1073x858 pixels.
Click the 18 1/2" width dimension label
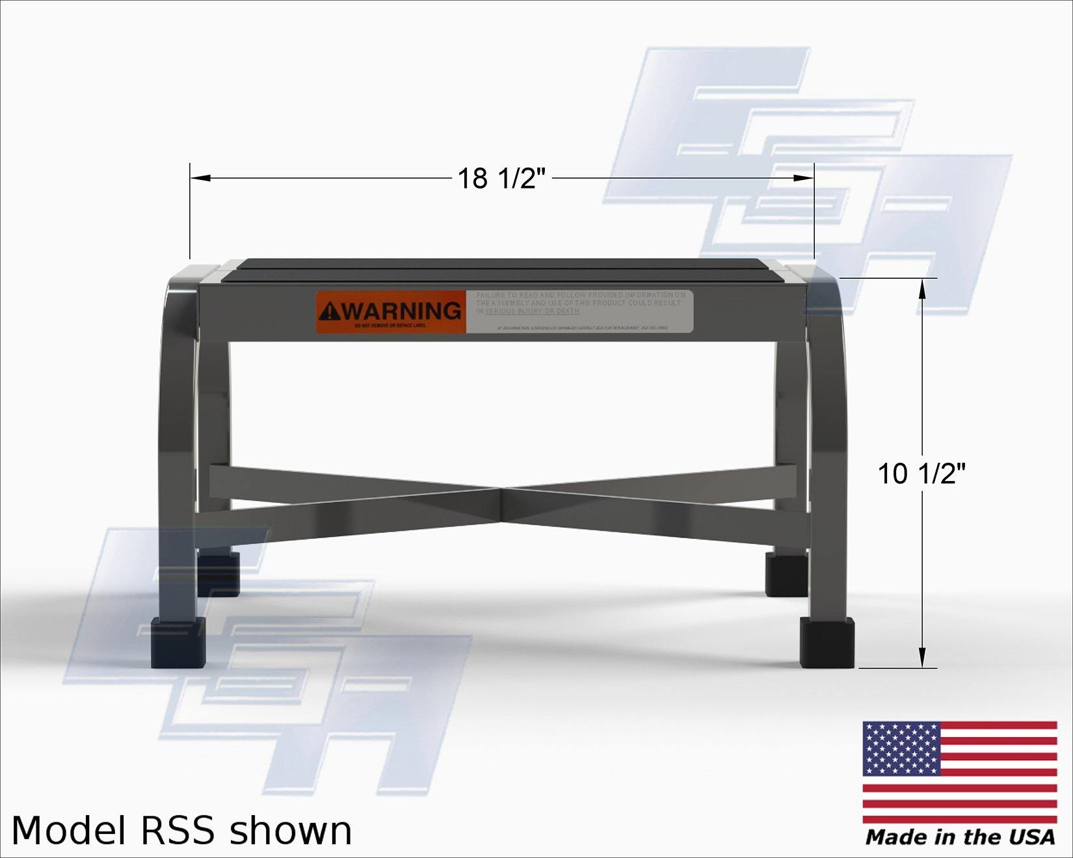(501, 178)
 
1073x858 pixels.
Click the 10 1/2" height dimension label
(921, 473)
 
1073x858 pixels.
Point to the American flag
(959, 773)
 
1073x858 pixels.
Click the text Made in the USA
(960, 837)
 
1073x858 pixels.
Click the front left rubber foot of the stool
(178, 643)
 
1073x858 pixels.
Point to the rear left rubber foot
(219, 573)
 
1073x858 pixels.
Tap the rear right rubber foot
(786, 574)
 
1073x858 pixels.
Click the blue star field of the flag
(901, 748)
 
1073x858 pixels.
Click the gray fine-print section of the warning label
(579, 311)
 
